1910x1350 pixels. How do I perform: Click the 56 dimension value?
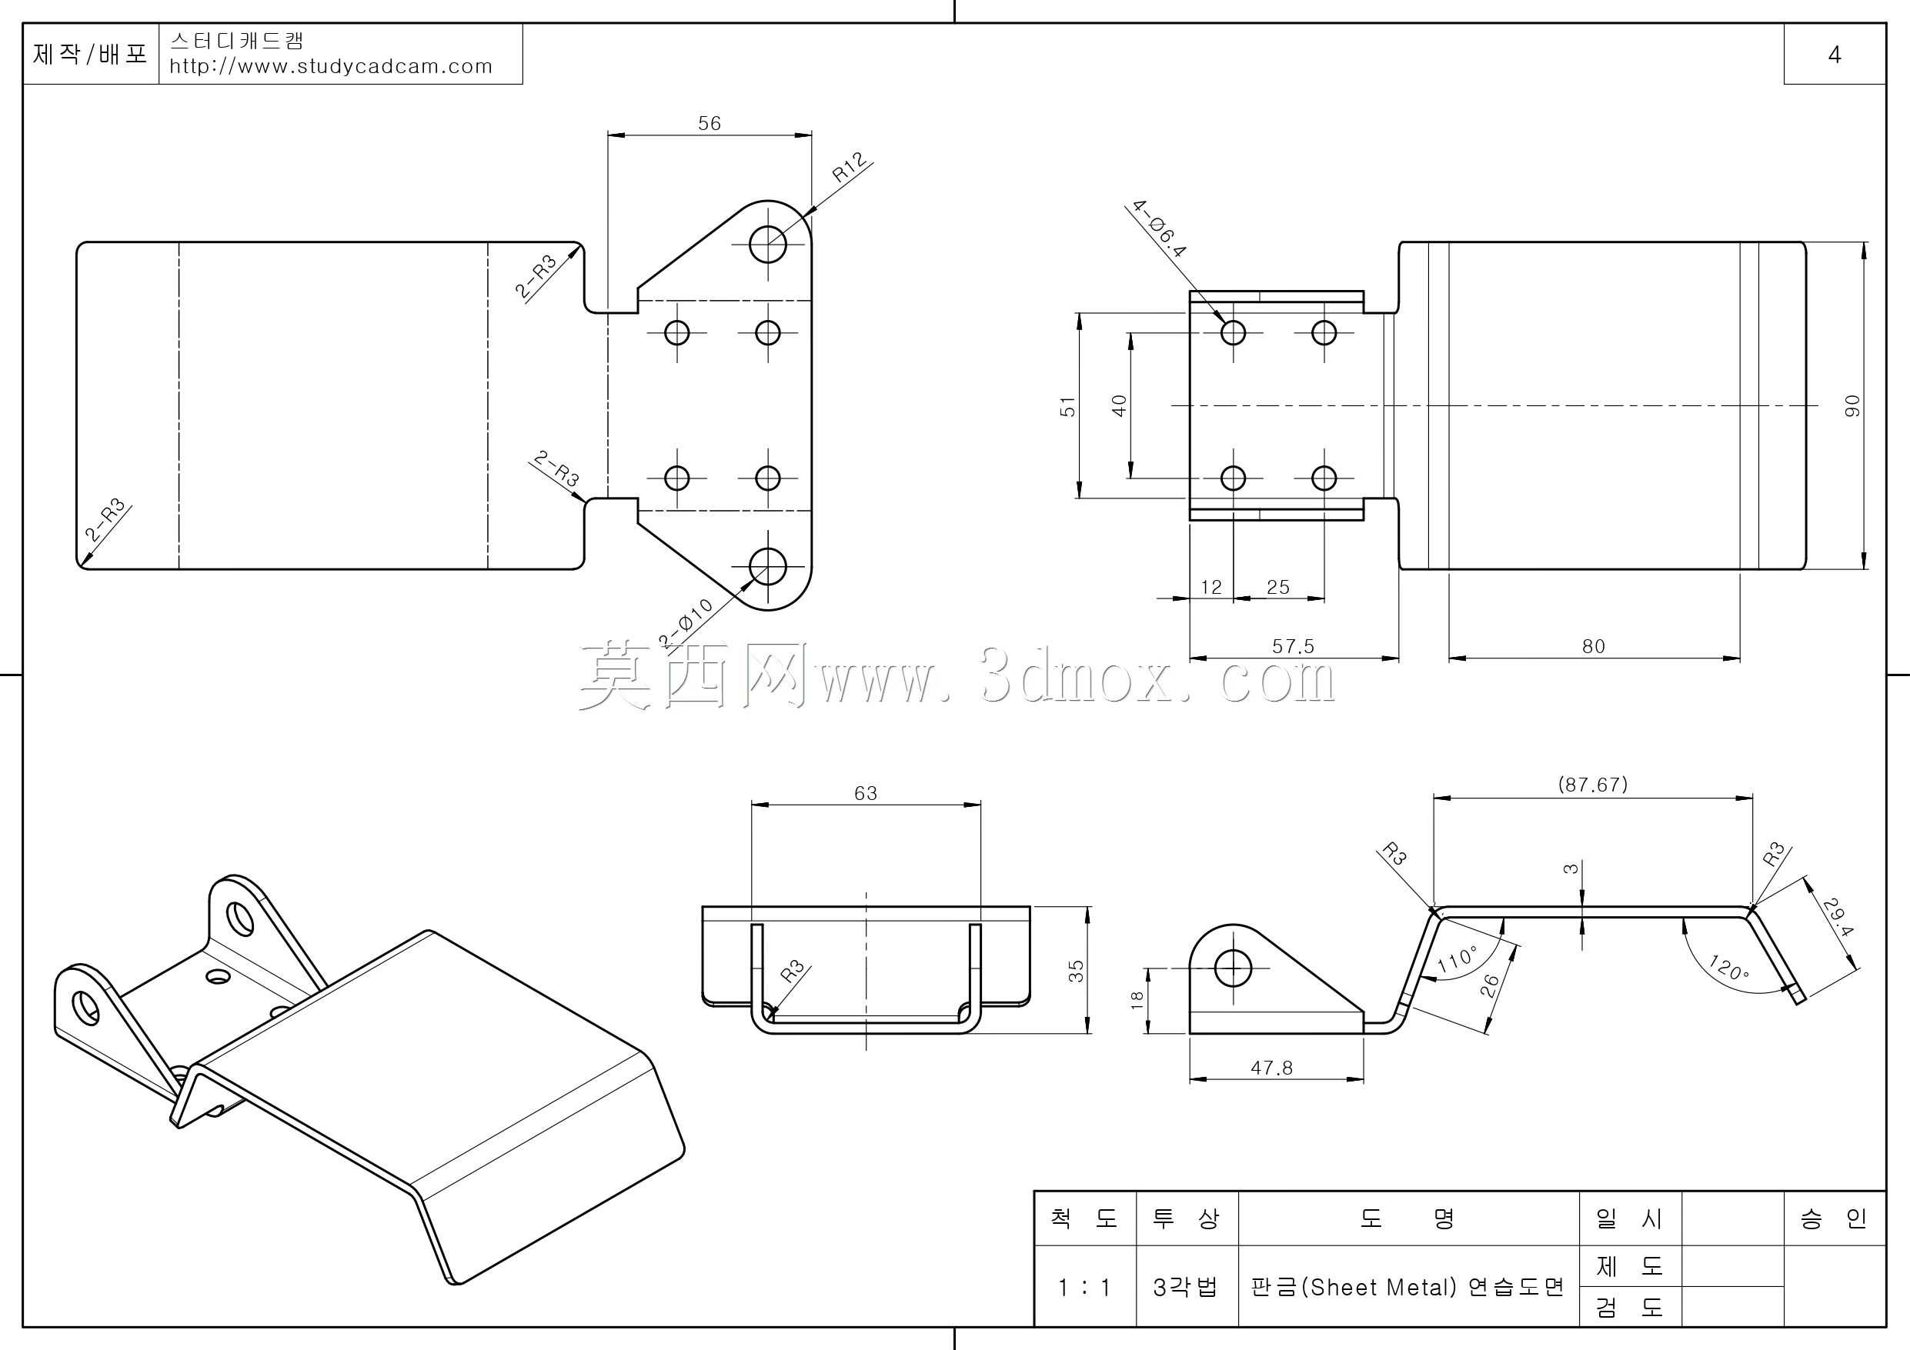tap(709, 123)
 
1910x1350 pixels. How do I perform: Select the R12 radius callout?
tap(850, 167)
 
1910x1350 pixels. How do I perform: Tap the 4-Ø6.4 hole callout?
tap(1159, 227)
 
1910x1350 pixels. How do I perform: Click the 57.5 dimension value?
tap(1293, 646)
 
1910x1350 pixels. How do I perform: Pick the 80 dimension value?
tap(1593, 646)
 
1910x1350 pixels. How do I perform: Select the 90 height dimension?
tap(1852, 406)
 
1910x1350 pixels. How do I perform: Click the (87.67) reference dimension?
tap(1592, 785)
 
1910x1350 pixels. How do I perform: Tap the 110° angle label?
tap(1457, 959)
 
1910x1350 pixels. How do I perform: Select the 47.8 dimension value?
tap(1272, 1068)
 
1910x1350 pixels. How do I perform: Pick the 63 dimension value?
tap(865, 793)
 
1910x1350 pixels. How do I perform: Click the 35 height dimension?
tap(1077, 971)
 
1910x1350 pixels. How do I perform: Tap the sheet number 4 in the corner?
tap(1835, 55)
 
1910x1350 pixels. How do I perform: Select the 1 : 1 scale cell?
tap(1084, 1288)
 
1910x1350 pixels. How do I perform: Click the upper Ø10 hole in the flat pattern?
tap(767, 245)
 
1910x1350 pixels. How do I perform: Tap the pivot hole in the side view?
tap(1233, 968)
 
